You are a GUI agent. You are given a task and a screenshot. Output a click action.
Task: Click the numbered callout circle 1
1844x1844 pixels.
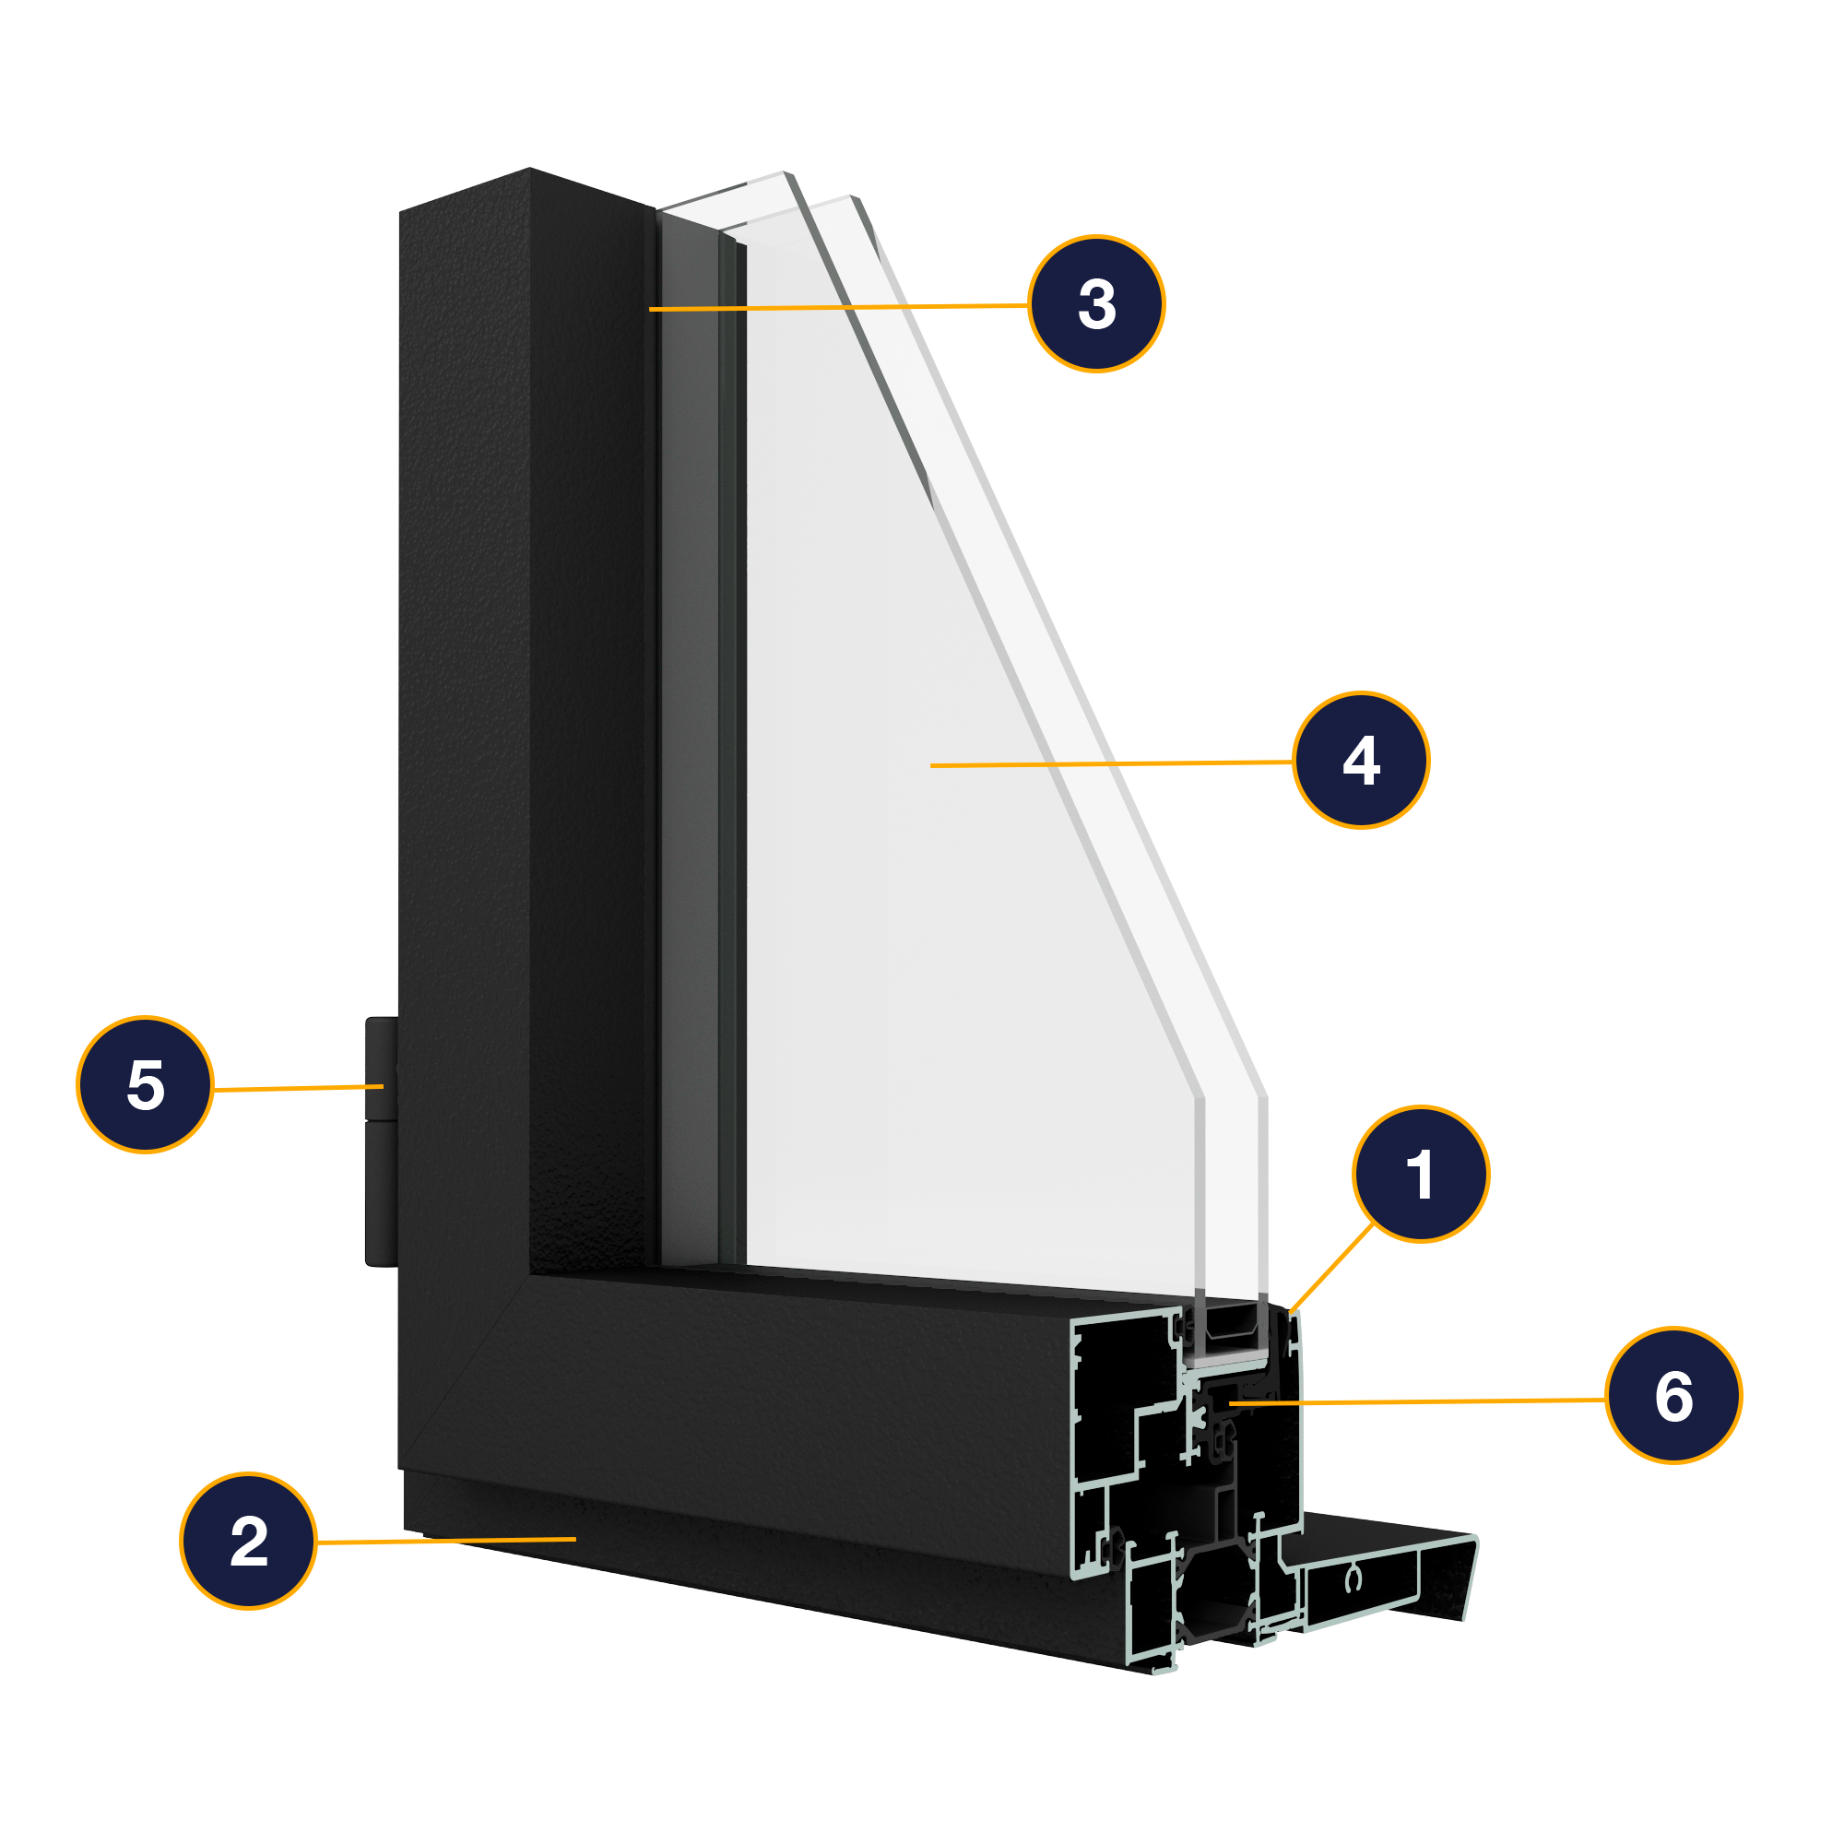click(1420, 1174)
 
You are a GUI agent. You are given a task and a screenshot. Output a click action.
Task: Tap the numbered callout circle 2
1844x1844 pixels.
click(248, 1542)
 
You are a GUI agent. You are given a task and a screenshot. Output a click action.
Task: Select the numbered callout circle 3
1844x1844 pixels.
click(1096, 303)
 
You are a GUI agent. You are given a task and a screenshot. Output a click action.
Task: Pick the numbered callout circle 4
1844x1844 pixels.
click(1361, 761)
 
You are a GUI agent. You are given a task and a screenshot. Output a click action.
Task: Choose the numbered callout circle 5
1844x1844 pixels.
click(145, 1085)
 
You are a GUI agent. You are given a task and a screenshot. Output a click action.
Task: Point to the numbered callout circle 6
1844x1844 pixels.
click(1673, 1395)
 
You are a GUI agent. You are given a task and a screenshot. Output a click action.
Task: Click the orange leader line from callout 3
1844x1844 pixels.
click(840, 307)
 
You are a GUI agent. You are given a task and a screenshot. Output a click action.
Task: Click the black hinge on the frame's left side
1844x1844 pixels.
click(381, 1141)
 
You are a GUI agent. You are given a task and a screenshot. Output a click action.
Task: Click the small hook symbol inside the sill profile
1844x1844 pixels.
click(1353, 1581)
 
